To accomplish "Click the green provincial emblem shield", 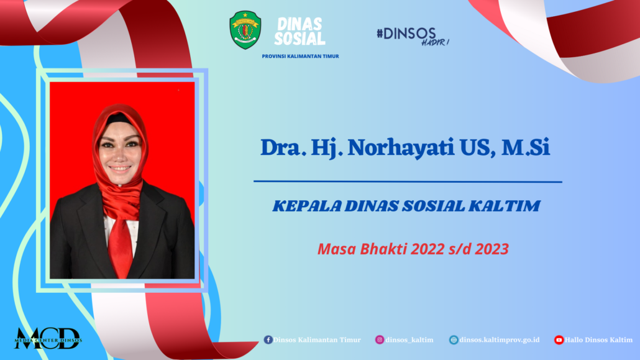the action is click(245, 30).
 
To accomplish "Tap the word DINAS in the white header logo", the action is click(299, 24).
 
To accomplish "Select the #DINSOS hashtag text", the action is click(406, 34).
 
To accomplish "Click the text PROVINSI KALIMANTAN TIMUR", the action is click(300, 57).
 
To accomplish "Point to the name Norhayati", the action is click(401, 147).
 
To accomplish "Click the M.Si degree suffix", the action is click(526, 147).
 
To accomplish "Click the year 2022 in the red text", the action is click(427, 249).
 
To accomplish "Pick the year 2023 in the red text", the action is click(492, 249).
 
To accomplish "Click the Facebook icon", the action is click(268, 339).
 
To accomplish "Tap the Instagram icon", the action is click(380, 339).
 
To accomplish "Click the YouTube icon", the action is click(559, 339).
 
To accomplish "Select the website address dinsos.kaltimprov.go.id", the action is click(500, 340).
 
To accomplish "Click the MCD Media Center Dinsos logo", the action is click(48, 339).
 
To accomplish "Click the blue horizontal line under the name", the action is click(408, 182).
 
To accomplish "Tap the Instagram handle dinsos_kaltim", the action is click(409, 340).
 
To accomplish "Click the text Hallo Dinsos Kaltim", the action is click(599, 340).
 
